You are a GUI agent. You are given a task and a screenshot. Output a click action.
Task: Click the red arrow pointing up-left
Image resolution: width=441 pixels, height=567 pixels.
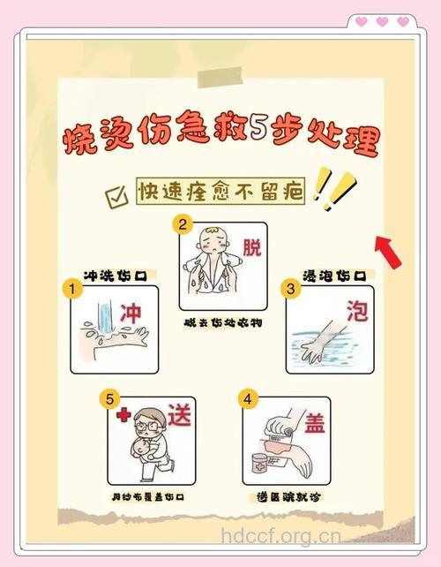(388, 249)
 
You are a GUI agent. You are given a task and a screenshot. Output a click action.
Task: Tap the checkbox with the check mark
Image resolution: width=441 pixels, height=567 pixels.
(116, 196)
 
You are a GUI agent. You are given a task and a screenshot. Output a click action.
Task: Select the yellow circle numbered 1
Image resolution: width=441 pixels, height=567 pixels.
(67, 289)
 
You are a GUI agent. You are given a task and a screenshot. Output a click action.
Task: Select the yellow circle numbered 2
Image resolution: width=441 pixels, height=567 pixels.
(183, 224)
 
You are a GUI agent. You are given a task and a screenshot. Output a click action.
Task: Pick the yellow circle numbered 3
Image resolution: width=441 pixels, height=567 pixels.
(288, 288)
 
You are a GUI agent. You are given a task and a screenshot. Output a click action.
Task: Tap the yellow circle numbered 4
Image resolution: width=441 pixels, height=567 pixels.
(248, 399)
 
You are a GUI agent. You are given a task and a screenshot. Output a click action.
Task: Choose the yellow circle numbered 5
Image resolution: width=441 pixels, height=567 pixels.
(110, 400)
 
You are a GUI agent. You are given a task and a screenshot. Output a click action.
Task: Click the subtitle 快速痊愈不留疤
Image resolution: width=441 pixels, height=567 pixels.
(220, 192)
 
